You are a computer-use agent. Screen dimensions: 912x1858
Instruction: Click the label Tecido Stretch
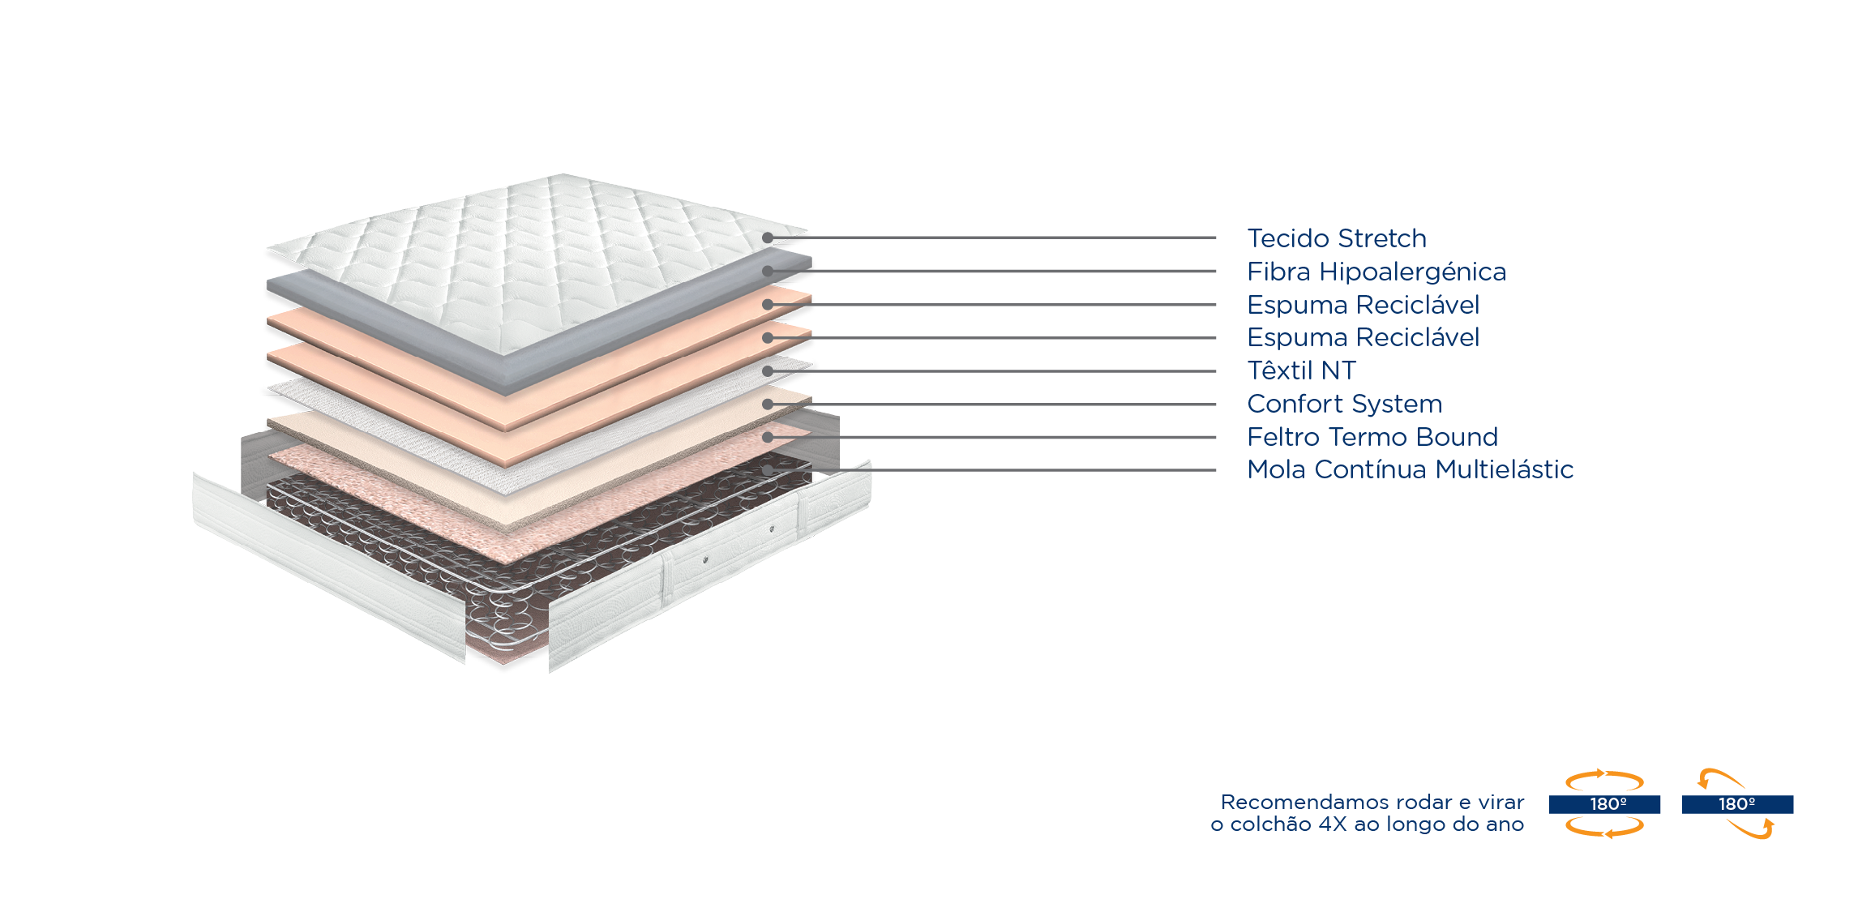[x=1336, y=238]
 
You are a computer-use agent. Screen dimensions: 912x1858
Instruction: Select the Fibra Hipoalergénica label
[x=1376, y=272]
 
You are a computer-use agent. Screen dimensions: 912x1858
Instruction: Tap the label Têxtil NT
[x=1301, y=370]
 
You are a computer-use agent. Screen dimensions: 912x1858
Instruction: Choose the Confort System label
[x=1344, y=404]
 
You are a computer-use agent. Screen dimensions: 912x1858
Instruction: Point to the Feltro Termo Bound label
[x=1372, y=437]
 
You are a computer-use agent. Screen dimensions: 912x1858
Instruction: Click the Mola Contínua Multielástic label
[x=1410, y=469]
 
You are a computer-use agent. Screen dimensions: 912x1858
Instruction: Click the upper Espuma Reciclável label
[x=1363, y=305]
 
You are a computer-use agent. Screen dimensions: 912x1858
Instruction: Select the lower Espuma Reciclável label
[x=1363, y=337]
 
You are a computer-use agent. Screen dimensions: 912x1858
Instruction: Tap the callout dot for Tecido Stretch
[x=767, y=238]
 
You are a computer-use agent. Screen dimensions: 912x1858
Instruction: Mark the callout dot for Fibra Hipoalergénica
[x=767, y=271]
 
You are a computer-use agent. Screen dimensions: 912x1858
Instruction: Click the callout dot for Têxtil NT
[x=767, y=370]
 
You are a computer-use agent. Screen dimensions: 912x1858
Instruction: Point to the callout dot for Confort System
[x=767, y=404]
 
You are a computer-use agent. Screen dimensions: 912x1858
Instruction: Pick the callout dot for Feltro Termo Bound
[x=767, y=437]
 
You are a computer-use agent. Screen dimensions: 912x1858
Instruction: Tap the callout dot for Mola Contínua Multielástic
[x=767, y=470]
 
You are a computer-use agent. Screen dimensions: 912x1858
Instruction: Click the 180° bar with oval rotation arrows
[x=1604, y=804]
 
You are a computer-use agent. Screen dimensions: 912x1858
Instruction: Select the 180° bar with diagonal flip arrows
[x=1737, y=804]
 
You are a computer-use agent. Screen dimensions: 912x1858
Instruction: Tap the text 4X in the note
[x=1333, y=824]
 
